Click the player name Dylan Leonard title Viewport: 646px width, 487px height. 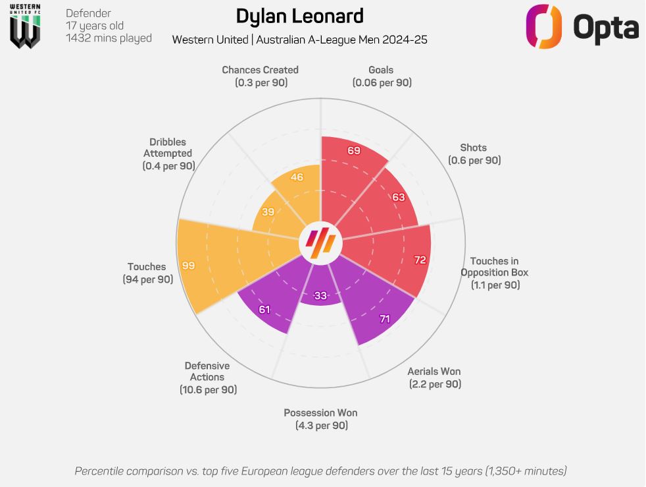299,16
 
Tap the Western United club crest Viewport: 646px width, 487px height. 25,26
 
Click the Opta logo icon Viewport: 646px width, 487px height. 543,26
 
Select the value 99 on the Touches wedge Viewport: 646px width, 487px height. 189,266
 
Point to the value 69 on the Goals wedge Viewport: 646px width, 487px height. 354,151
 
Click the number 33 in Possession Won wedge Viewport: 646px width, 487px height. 320,296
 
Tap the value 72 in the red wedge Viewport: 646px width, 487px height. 420,260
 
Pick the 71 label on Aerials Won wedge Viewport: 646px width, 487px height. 384,319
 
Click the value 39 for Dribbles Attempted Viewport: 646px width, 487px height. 268,212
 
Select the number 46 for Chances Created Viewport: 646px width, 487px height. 297,177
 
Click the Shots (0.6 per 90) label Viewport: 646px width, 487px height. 474,154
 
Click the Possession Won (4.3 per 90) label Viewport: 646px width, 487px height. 320,419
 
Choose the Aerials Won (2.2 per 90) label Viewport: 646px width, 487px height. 434,378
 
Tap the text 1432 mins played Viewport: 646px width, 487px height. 109,38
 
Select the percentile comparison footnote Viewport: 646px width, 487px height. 320,471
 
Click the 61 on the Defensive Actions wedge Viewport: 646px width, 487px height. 264,309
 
